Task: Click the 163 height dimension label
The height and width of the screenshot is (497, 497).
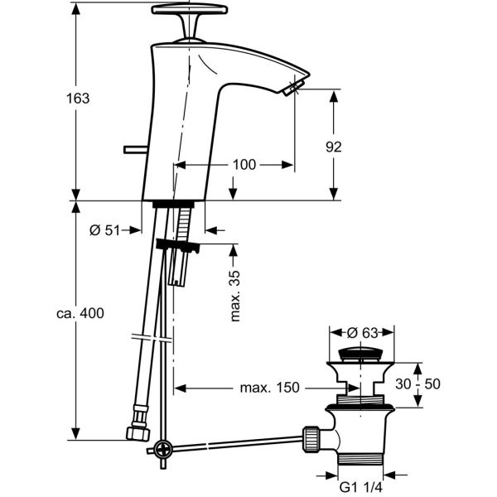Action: point(78,99)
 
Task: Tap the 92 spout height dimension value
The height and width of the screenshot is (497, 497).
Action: point(334,147)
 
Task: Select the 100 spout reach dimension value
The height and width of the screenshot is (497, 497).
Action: point(244,165)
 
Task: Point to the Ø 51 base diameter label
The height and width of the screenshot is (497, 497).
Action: point(105,230)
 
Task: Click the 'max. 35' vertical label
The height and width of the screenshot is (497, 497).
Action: point(235,297)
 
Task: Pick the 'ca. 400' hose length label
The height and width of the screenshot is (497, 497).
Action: point(80,313)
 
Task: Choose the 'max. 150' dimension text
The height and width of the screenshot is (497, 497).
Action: point(269,388)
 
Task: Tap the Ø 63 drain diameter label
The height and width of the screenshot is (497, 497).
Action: point(362,333)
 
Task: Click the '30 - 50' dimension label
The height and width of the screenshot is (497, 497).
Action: point(417,384)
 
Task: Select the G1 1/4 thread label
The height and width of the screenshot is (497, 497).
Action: point(360,487)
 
